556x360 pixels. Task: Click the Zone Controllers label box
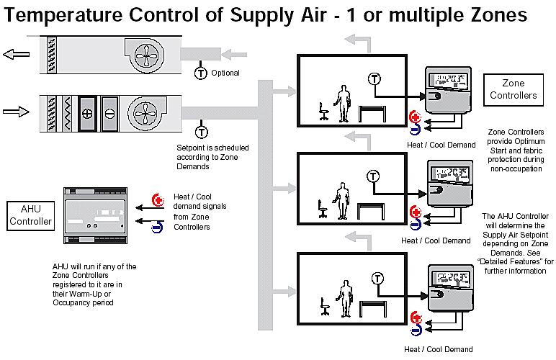514,89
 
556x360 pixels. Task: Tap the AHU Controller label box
30,215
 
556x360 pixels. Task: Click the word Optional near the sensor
225,73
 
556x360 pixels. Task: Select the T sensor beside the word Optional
201,73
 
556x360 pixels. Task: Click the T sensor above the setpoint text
201,132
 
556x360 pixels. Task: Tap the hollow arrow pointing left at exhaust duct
16,54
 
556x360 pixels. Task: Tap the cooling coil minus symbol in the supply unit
110,113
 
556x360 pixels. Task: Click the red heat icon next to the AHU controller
158,201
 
